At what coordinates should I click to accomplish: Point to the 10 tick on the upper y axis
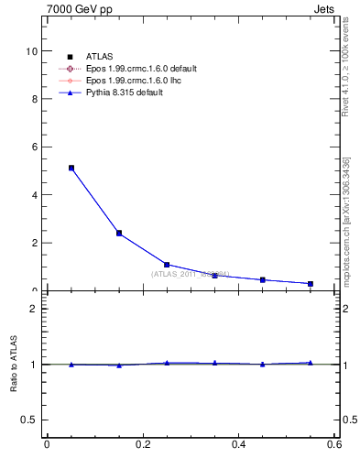coord(31,51)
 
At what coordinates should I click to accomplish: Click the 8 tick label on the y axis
coord(34,99)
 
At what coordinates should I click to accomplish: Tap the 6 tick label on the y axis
coord(34,147)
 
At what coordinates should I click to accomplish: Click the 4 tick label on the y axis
coord(34,195)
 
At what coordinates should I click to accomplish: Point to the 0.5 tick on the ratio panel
coord(29,420)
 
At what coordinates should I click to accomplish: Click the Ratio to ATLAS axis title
coord(14,364)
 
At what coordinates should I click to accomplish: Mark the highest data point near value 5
coord(71,168)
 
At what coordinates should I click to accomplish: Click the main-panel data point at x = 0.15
coord(119,233)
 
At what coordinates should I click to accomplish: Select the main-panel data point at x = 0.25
coord(167,265)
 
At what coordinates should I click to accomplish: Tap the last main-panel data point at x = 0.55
coord(311,284)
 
